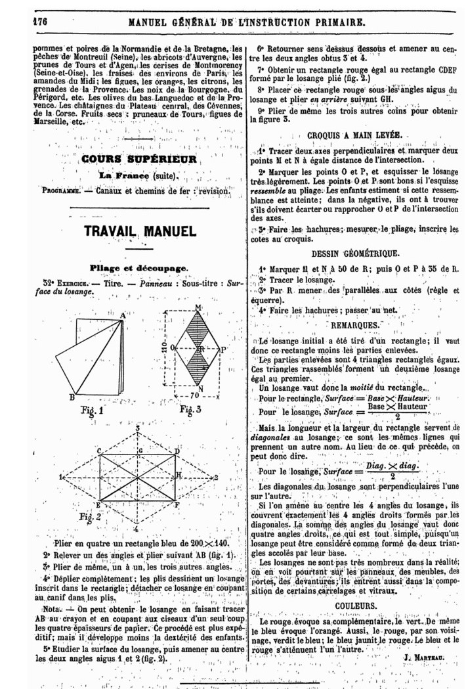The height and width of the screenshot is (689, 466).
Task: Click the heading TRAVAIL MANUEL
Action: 140,231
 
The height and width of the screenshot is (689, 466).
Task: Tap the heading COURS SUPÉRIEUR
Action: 139,159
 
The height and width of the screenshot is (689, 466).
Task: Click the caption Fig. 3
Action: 189,411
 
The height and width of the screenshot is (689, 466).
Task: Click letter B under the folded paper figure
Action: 72,397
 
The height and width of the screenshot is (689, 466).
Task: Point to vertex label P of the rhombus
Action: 223,350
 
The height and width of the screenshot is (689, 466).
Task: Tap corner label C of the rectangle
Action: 98,451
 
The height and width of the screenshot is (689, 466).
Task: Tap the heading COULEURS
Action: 355,605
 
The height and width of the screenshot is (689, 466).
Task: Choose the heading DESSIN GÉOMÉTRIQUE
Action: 354,252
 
